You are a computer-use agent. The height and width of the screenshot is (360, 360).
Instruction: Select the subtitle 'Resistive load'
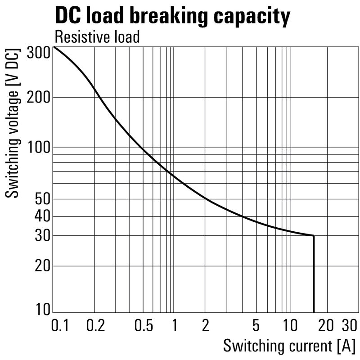pyautogui.click(x=97, y=37)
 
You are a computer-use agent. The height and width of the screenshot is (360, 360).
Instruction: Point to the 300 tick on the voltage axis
pyautogui.click(x=38, y=53)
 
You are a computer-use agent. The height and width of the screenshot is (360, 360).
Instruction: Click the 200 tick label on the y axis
pyautogui.click(x=38, y=97)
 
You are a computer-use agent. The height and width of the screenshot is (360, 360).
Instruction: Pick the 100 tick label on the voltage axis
pyautogui.click(x=38, y=148)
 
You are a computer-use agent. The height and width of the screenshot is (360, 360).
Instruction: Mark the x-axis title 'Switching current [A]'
pyautogui.click(x=289, y=346)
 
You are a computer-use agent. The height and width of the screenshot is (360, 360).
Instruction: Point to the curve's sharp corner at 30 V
pyautogui.click(x=313, y=235)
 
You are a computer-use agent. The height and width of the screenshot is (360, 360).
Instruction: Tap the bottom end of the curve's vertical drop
pyautogui.click(x=313, y=312)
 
